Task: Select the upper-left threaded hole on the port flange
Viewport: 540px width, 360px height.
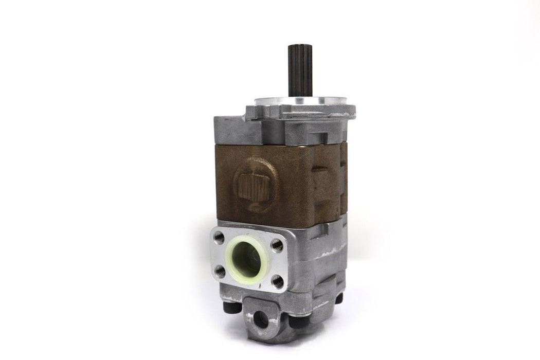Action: (x=219, y=237)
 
